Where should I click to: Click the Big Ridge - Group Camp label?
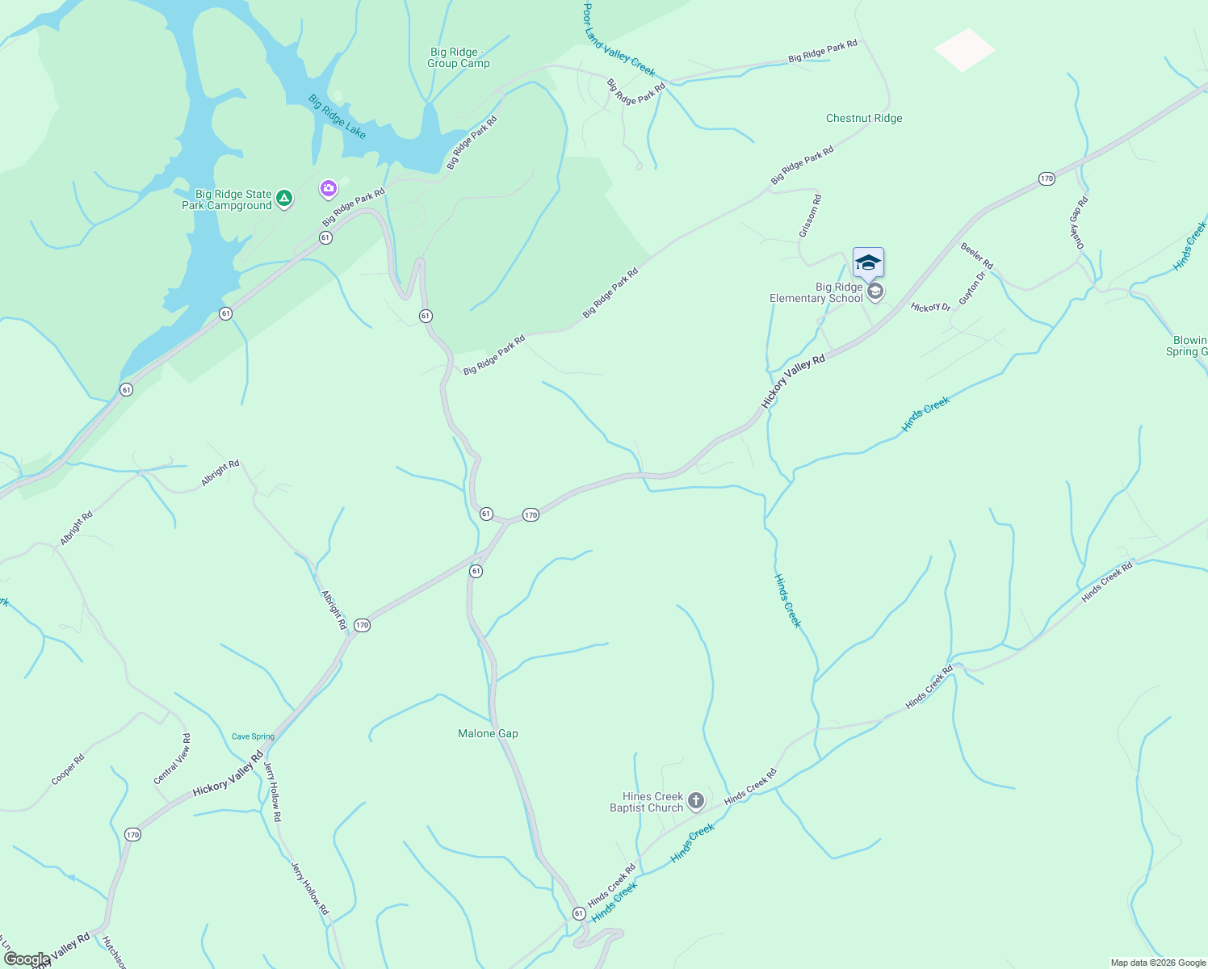[x=459, y=57]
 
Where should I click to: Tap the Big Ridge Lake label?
[x=337, y=117]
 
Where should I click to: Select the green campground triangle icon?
[x=283, y=198]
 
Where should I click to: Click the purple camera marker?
[x=328, y=189]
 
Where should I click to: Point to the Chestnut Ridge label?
[x=864, y=118]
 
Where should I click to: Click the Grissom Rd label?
[x=810, y=216]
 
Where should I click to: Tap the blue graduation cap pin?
[x=868, y=263]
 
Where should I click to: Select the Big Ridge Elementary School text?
[x=816, y=292]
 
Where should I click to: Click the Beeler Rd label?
[x=976, y=255]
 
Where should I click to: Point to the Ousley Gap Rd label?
[x=1079, y=222]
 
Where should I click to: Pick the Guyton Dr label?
[x=972, y=288]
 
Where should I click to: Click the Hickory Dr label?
[x=930, y=308]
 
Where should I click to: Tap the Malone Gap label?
[x=488, y=733]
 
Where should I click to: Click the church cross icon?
[x=696, y=801]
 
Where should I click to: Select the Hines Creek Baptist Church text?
[x=647, y=802]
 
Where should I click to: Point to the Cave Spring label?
[x=253, y=736]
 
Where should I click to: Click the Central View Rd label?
[x=173, y=759]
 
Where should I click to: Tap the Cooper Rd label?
[x=68, y=770]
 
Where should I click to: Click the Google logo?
[x=27, y=959]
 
